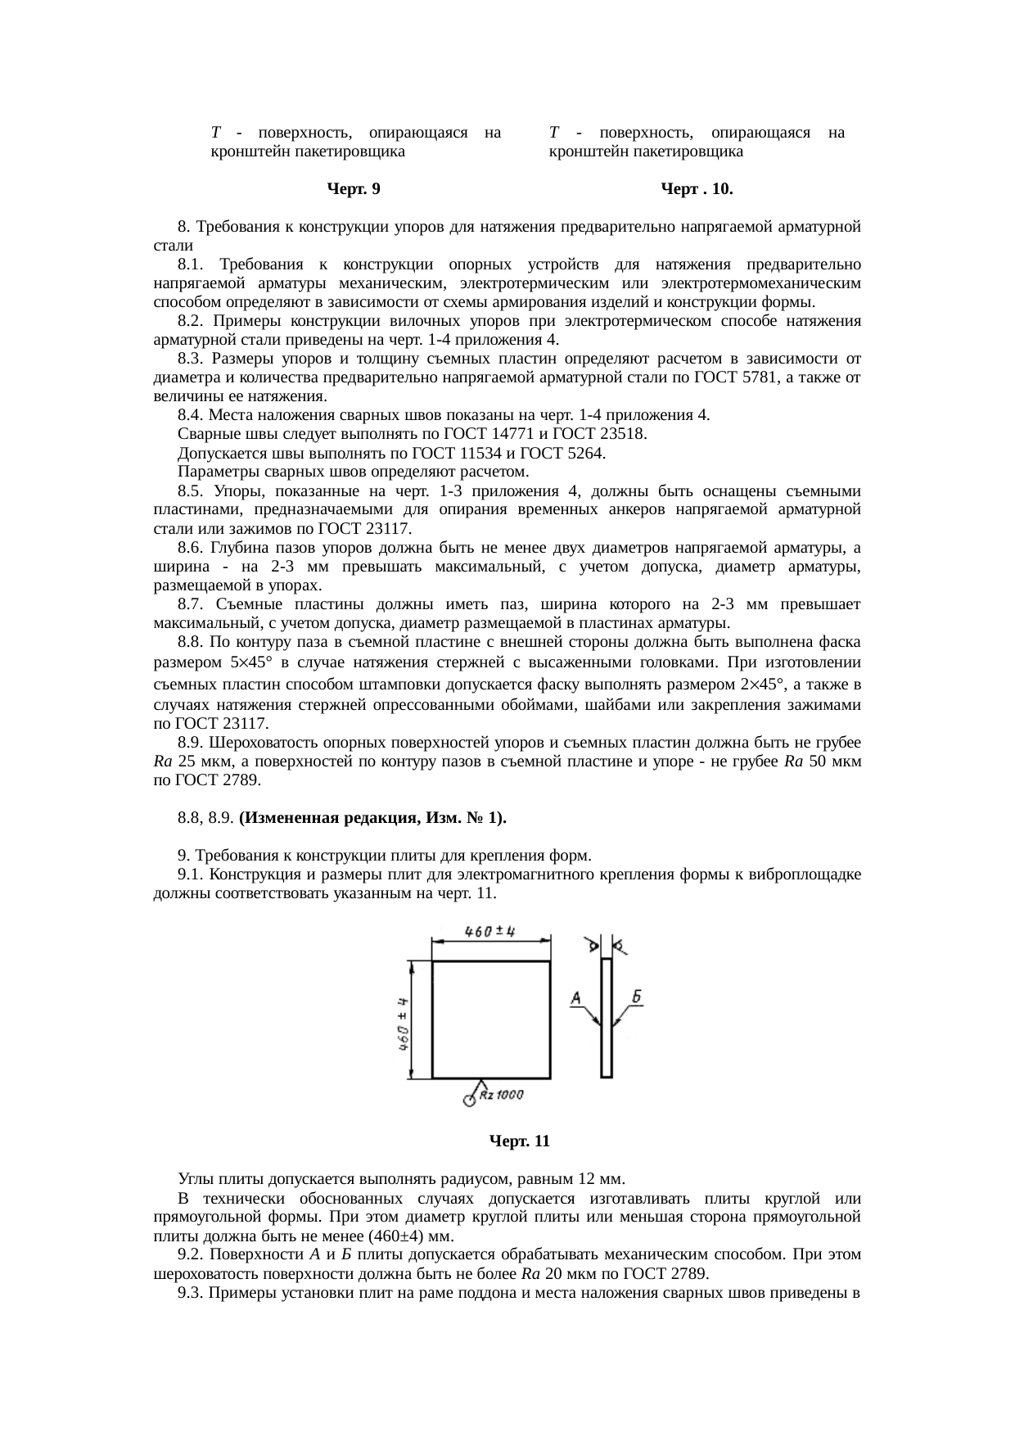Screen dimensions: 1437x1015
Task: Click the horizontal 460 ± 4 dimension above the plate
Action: click(x=489, y=932)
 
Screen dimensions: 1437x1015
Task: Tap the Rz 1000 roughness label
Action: click(x=501, y=1095)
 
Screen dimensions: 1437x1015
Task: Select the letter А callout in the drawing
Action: click(x=576, y=997)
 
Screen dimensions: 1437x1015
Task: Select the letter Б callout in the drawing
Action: click(x=637, y=996)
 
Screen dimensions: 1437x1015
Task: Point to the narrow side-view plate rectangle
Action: click(x=607, y=1018)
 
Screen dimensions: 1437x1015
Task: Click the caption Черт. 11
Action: click(x=519, y=1141)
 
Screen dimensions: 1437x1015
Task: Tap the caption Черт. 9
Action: click(x=353, y=190)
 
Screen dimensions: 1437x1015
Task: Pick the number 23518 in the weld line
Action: click(x=623, y=434)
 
